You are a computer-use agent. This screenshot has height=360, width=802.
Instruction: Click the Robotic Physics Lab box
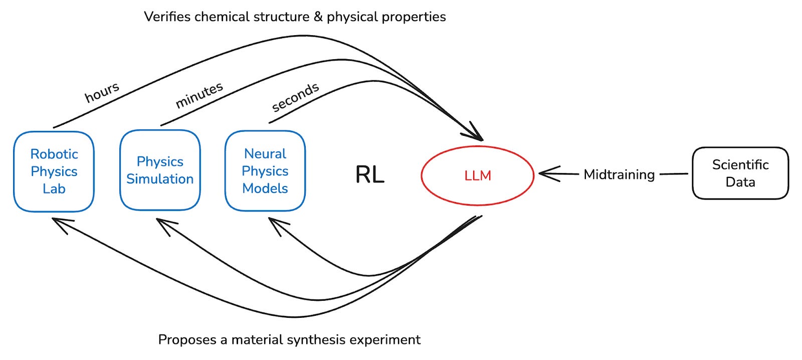pyautogui.click(x=54, y=171)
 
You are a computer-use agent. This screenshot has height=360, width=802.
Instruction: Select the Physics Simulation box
pyautogui.click(x=160, y=170)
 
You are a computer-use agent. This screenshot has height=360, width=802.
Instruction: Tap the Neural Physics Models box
pyautogui.click(x=265, y=171)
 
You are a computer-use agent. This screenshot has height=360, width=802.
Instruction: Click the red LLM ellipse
pyautogui.click(x=477, y=175)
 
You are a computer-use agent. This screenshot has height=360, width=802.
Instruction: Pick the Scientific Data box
pyautogui.click(x=740, y=173)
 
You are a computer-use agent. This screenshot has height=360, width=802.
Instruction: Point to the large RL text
pyautogui.click(x=369, y=174)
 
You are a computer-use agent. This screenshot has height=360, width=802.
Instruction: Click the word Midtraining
pyautogui.click(x=619, y=174)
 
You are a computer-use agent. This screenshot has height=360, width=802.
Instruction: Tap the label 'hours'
pyautogui.click(x=102, y=93)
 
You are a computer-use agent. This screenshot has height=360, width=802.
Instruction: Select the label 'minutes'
pyautogui.click(x=199, y=95)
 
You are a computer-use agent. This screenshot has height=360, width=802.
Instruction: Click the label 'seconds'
pyautogui.click(x=295, y=97)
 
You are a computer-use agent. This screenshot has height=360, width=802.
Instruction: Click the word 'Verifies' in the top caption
pyautogui.click(x=167, y=17)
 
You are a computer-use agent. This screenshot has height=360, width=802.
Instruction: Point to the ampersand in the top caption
pyautogui.click(x=318, y=17)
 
